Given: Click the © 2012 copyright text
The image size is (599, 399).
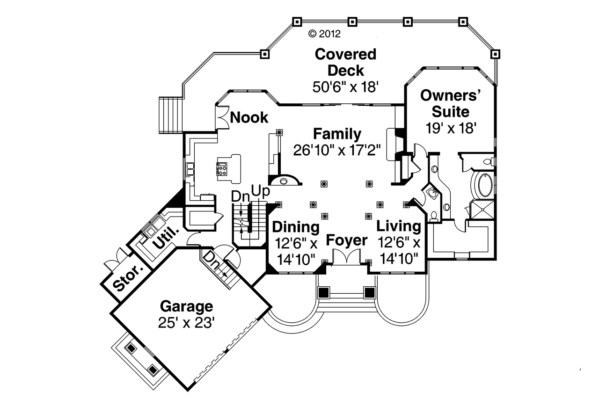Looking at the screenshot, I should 324,34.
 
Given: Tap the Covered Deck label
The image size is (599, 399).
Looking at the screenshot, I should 345,62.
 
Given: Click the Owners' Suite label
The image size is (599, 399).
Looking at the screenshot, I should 451,103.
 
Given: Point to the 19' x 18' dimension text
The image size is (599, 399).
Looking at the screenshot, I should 451,128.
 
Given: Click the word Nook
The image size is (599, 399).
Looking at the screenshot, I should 249,117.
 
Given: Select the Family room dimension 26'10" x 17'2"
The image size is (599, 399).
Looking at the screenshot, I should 337,150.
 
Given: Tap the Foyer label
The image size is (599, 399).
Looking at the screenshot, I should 347,241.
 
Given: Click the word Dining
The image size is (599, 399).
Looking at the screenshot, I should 296,227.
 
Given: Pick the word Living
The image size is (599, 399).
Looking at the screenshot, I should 399,226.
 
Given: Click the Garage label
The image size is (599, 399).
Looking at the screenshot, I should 186,307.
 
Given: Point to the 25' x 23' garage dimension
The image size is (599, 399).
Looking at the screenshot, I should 186,323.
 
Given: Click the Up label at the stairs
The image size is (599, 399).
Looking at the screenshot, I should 261,192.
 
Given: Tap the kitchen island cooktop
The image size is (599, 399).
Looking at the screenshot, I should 221,168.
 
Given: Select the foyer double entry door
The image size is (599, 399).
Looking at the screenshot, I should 346,257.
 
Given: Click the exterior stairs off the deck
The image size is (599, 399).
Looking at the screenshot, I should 171,115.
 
